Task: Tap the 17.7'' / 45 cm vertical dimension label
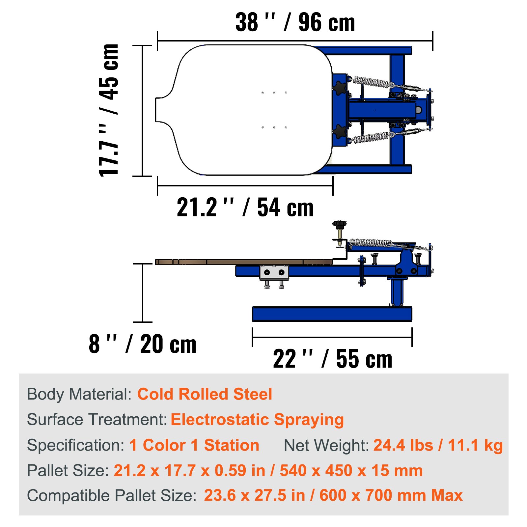(x=109, y=110)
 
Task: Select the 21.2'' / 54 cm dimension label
(x=245, y=208)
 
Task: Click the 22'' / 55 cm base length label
(x=332, y=359)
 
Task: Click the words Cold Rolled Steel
(x=205, y=394)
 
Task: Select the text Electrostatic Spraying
(x=257, y=420)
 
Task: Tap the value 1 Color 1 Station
(x=194, y=445)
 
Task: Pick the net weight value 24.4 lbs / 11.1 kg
(x=438, y=445)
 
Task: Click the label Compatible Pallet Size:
(x=112, y=496)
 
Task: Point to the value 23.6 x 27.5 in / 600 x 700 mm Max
(x=333, y=496)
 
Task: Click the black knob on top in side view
(x=339, y=225)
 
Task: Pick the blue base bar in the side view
(x=332, y=314)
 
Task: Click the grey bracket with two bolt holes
(x=274, y=273)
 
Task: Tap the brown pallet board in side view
(x=244, y=262)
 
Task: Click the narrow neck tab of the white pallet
(x=162, y=110)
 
